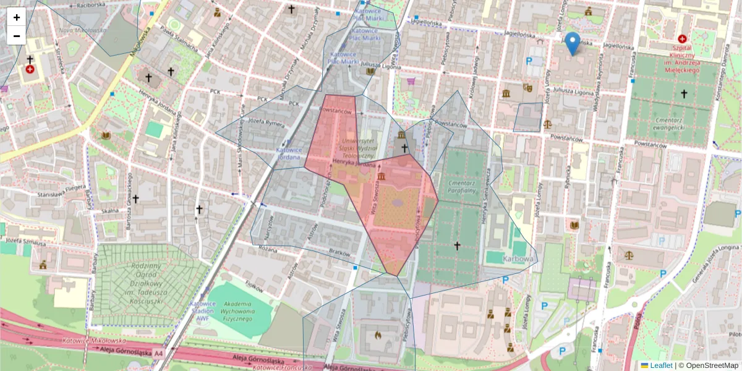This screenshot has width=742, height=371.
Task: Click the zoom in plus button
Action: pos(17,17)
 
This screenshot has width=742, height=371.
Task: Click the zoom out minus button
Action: pos(17,35)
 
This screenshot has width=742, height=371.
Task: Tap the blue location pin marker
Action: pos(573,43)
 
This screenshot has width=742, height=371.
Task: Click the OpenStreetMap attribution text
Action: pos(707,365)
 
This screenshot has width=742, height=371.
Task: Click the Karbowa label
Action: pos(518,258)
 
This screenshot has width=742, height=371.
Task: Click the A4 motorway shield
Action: pos(159,353)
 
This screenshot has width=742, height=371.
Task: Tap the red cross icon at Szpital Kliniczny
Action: pos(683,39)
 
